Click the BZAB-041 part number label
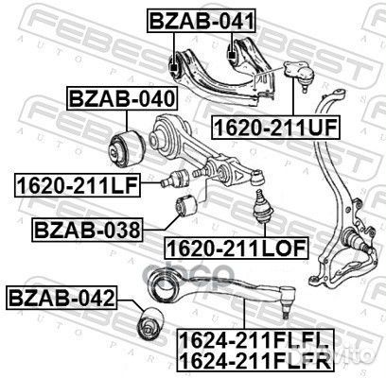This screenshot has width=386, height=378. coord(202,21)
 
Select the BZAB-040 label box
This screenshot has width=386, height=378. coord(122,98)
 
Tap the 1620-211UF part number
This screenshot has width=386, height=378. coord(276,127)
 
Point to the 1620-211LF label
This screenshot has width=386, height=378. coord(77,185)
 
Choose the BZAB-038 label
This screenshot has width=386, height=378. coord(87,230)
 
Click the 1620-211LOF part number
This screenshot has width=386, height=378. coord(237,249)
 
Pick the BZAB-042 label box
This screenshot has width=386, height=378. coord(61,298)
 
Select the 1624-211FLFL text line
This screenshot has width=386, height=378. coord(254,341)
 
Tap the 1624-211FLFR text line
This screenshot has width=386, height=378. coord(254,360)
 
